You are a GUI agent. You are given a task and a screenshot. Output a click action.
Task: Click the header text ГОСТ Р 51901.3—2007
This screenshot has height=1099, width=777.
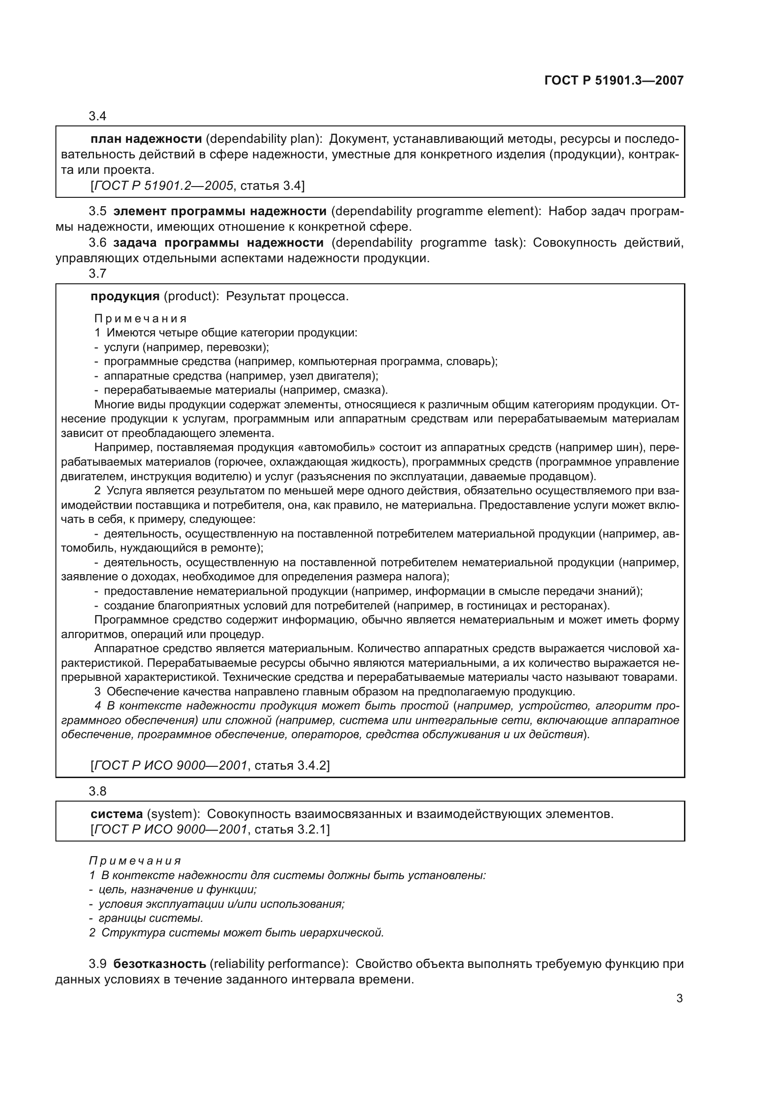[x=614, y=80]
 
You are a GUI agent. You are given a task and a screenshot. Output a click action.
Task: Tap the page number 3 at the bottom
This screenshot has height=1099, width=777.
[x=679, y=998]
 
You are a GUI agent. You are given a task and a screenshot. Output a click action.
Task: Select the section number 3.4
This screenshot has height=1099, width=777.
[x=97, y=117]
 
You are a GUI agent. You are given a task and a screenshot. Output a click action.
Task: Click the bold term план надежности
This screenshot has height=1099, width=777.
[x=146, y=139]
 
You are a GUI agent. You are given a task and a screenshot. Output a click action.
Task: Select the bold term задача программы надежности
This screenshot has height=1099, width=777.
[x=218, y=242]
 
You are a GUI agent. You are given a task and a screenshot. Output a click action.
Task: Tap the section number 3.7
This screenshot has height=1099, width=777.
[x=97, y=274]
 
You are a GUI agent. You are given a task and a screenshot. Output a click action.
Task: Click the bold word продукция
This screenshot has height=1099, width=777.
[x=125, y=296]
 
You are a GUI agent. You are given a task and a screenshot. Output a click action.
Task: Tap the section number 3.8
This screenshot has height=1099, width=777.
[x=97, y=791]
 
